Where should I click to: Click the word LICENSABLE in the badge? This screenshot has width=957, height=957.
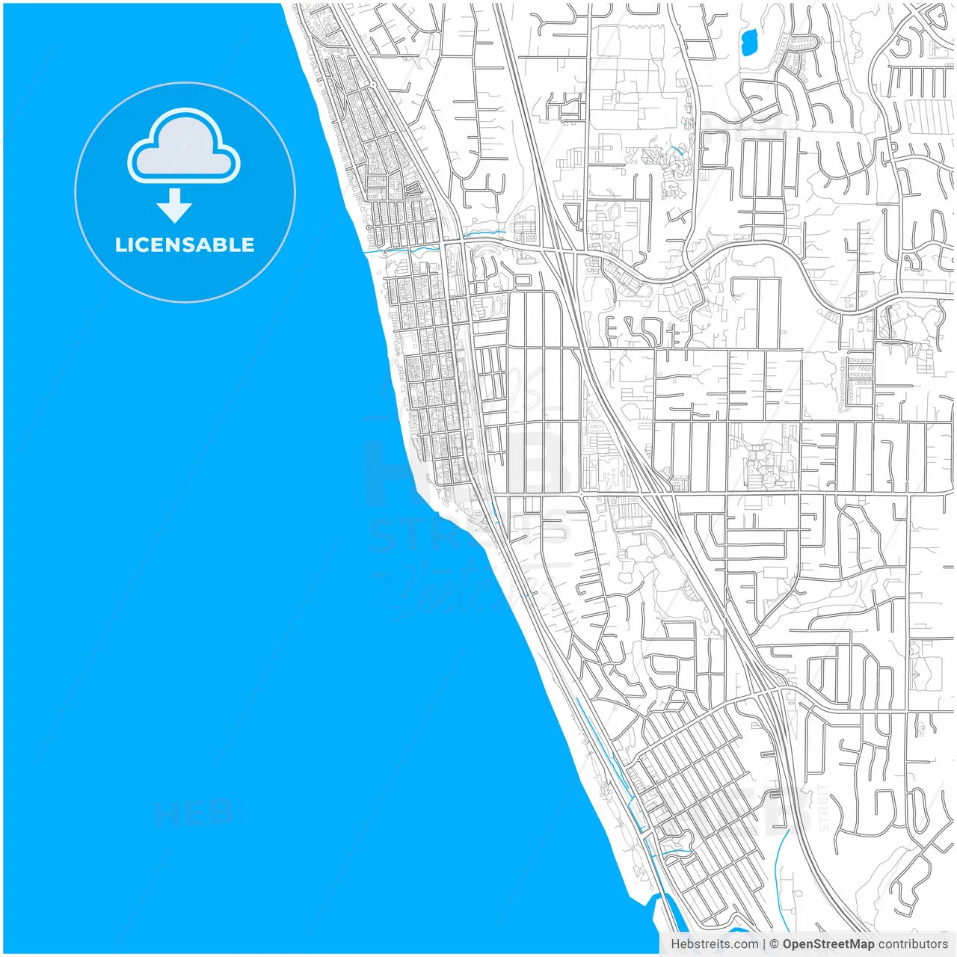185,244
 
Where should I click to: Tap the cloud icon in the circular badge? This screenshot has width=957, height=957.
184,147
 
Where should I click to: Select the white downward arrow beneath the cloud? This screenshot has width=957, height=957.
174,206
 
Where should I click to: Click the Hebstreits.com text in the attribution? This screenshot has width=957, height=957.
714,944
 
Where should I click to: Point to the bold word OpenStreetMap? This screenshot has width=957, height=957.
828,944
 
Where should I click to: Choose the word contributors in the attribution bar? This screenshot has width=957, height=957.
913,944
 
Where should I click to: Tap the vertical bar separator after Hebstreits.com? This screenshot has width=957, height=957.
763,944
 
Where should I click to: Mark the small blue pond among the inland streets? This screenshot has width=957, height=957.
748,43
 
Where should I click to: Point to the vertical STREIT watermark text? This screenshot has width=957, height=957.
824,807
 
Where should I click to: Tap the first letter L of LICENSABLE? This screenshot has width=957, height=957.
120,244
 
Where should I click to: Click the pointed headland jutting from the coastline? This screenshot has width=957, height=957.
441,516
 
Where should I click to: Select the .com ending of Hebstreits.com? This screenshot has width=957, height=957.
745,944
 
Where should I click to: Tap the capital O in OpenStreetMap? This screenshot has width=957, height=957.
788,944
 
